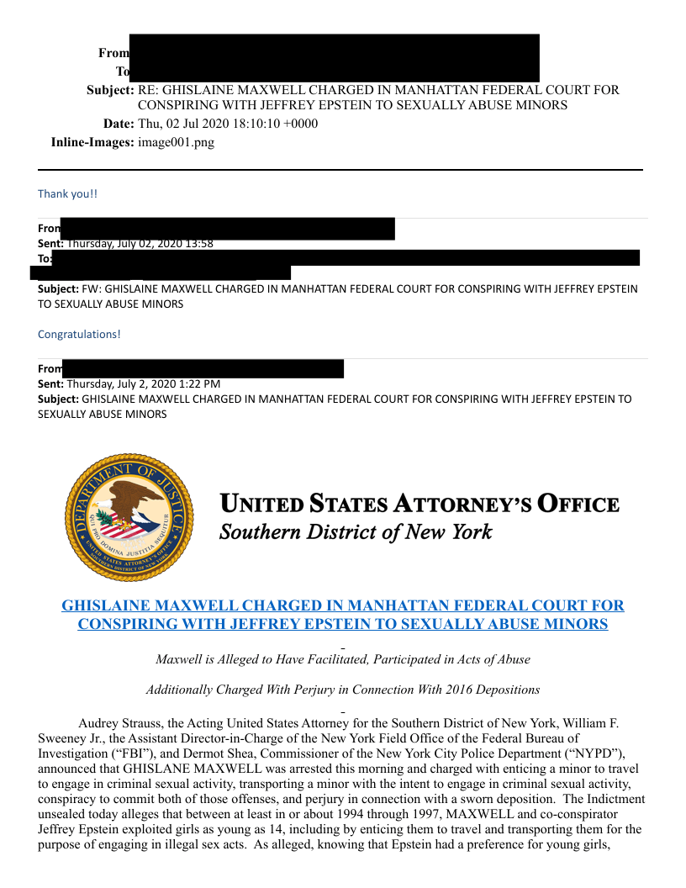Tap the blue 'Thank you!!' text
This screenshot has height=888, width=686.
(67, 193)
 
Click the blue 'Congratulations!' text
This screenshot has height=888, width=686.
(79, 334)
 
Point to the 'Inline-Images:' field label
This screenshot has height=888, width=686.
(92, 142)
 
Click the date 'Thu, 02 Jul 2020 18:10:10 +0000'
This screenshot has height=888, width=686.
(228, 124)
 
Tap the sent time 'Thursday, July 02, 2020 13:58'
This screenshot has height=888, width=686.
(140, 244)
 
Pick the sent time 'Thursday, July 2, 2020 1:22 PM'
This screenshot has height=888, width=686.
(143, 383)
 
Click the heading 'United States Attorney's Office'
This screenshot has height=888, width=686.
(420, 505)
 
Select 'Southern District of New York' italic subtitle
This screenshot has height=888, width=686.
(356, 532)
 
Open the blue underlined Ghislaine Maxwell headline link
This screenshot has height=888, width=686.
(343, 615)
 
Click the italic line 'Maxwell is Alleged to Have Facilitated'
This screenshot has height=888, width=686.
(343, 659)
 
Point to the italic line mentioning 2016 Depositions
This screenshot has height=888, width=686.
(343, 690)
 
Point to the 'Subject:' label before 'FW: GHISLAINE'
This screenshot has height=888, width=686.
(58, 288)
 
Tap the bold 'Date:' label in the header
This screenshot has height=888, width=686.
(119, 124)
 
